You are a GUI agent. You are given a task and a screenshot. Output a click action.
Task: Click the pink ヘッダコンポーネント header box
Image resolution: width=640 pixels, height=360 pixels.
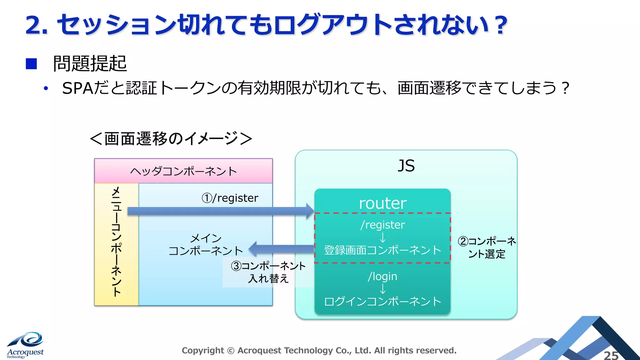coord(183,171)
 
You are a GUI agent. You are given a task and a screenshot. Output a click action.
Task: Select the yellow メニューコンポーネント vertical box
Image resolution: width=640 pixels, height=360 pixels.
coord(116,244)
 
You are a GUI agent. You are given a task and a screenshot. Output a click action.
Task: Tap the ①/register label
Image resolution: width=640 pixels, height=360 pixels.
coord(230,198)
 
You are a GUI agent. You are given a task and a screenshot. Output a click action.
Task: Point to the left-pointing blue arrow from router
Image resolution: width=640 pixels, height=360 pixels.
coord(281,249)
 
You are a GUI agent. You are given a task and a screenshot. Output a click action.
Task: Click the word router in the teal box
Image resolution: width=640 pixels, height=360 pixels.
coord(382,203)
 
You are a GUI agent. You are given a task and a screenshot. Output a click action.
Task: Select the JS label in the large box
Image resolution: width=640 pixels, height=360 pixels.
coord(406,166)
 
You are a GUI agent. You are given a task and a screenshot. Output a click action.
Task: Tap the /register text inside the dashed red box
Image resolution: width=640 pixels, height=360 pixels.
coord(382,225)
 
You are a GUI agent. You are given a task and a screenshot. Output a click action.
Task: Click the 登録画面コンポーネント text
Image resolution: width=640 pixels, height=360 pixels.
coord(382,250)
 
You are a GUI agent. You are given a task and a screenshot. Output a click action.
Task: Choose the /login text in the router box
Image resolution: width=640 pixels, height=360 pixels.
coord(382,276)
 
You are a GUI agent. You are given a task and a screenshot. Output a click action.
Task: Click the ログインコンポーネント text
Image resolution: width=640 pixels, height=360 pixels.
coord(382,302)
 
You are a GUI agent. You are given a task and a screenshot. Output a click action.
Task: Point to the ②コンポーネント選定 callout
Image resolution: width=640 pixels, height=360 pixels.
coord(487,247)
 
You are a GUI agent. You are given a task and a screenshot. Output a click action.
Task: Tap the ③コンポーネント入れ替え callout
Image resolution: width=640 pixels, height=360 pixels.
coord(268,272)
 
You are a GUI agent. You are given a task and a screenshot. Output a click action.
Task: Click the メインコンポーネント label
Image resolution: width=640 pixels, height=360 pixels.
coord(206,244)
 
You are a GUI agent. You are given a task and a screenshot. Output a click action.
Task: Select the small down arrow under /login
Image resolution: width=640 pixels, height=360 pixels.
coord(382,289)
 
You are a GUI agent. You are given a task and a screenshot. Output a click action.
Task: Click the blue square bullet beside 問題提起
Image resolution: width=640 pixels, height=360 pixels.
coord(31,64)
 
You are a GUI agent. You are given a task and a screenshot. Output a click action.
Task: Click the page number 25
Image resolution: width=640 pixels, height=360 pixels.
coord(611,355)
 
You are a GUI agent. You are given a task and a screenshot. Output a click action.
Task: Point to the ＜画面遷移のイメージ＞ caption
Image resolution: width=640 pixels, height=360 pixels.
coord(171,138)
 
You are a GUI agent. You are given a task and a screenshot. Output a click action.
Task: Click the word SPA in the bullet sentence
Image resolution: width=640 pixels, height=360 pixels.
coord(77,88)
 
